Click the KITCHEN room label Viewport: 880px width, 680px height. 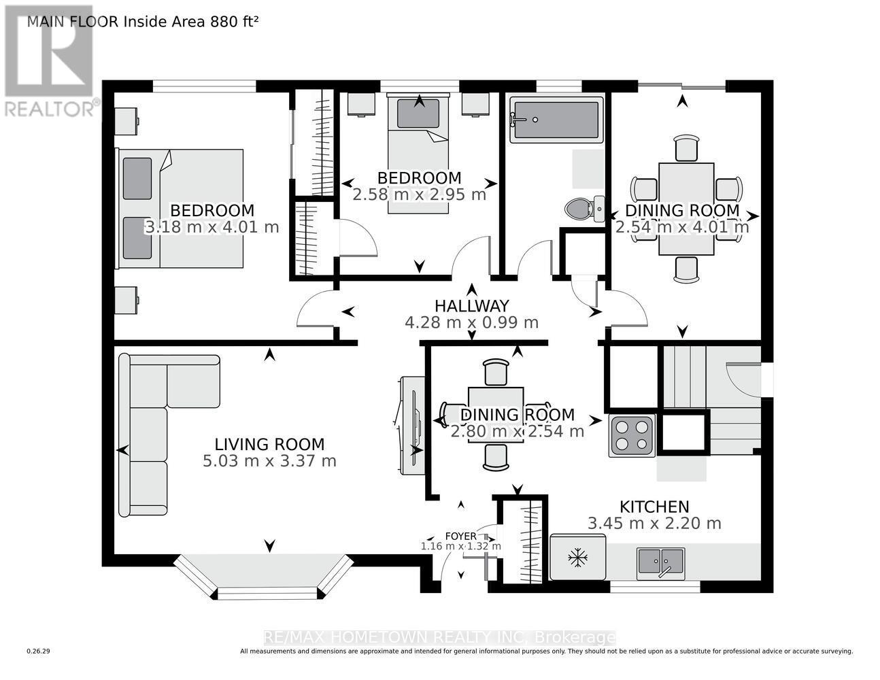(654, 507)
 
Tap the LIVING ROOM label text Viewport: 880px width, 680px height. (269, 444)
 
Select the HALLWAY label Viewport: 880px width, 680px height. (471, 306)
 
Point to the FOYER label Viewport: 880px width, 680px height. (460, 536)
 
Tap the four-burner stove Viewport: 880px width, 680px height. (632, 435)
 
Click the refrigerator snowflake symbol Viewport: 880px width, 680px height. (578, 558)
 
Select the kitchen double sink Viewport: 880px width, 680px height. (660, 562)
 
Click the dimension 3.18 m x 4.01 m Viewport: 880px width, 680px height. (211, 227)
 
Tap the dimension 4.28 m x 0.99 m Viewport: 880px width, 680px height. (471, 322)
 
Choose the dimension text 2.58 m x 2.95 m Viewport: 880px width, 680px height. (419, 194)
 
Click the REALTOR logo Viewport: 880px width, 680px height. (49, 61)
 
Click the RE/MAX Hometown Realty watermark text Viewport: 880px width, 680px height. (439, 637)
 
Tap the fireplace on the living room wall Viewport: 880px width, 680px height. (411, 426)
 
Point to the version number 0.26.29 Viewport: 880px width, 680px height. (39, 651)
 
